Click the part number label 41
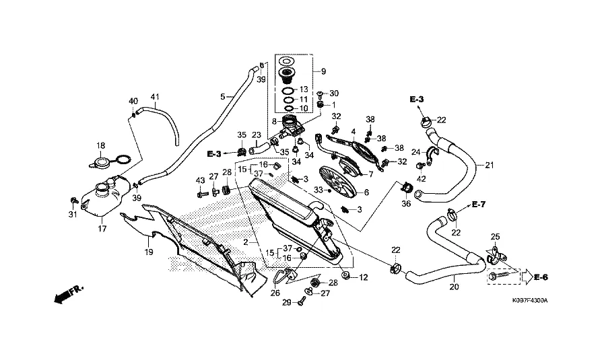156,97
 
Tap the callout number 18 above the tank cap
101,145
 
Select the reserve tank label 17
102,229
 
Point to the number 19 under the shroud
148,252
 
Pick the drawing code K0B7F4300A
529,300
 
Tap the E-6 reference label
541,277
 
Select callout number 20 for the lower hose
454,287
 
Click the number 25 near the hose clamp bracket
496,237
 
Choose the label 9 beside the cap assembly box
323,71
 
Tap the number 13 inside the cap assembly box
303,89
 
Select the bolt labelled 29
300,304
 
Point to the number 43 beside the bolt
199,180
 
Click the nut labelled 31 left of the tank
73,201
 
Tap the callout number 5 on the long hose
223,97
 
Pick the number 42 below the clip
422,179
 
